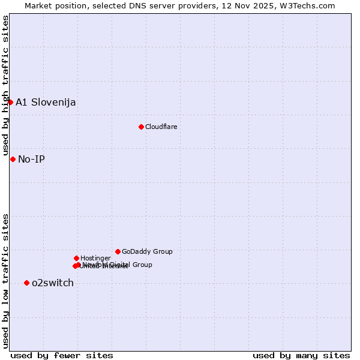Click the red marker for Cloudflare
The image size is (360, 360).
[141, 127]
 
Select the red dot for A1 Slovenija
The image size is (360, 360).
[10, 102]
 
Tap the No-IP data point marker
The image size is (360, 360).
[13, 159]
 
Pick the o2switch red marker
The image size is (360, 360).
[26, 283]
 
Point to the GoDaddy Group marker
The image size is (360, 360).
[118, 251]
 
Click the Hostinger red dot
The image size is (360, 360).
[76, 258]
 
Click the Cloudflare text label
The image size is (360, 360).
[161, 127]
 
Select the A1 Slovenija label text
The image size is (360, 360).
[46, 102]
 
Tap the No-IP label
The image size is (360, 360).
[31, 159]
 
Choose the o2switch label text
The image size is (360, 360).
[53, 283]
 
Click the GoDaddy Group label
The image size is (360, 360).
[147, 251]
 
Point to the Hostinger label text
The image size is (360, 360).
[95, 258]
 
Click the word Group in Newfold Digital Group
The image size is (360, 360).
[142, 265]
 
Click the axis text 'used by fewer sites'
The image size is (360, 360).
[62, 355]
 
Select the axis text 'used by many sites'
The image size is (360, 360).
[301, 355]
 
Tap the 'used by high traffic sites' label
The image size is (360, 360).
[5, 86]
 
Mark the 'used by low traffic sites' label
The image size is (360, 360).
[5, 281]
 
